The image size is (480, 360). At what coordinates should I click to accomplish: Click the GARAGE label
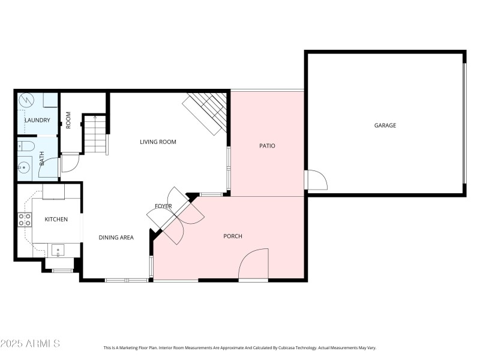(x=385, y=125)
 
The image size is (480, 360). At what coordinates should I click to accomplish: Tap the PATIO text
(x=267, y=146)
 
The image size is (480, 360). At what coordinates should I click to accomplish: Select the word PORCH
(x=233, y=236)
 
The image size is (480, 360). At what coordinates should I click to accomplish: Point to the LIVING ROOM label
(x=158, y=142)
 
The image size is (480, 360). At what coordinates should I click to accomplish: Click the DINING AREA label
(x=116, y=238)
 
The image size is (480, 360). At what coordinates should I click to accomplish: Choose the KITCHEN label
(x=56, y=220)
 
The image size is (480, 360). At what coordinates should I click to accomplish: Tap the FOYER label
(x=163, y=206)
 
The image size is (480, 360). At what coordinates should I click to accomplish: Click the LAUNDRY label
(x=37, y=121)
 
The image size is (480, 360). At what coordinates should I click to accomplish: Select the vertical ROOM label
(x=68, y=120)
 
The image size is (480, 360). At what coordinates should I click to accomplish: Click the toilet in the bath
(x=26, y=145)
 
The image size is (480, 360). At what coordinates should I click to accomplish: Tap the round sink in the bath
(x=25, y=167)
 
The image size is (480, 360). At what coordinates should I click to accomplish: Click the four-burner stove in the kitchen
(x=25, y=220)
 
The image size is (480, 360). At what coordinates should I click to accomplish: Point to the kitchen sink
(x=58, y=250)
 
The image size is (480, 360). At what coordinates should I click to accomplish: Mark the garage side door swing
(x=315, y=179)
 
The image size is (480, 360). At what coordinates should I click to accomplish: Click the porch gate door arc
(x=252, y=264)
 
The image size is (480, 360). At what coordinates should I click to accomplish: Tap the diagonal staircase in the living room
(x=206, y=112)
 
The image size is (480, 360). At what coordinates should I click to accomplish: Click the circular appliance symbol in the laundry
(x=26, y=100)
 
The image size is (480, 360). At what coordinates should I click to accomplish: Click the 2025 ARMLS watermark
(x=30, y=344)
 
